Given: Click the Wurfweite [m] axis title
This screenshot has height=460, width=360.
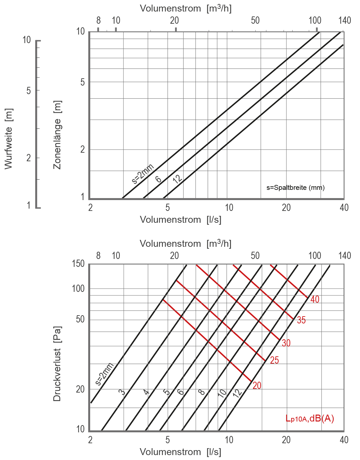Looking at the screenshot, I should (x=9, y=139).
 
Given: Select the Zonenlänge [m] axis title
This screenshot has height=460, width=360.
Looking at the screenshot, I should (x=57, y=135).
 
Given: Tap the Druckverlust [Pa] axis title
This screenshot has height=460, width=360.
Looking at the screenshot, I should (x=57, y=364).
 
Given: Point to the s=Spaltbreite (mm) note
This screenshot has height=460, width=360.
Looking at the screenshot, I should (x=295, y=188).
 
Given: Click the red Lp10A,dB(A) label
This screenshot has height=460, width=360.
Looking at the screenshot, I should (x=310, y=419).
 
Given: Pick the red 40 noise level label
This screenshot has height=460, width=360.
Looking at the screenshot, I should (x=315, y=299).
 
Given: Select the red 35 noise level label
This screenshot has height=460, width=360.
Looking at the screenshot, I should (x=301, y=320).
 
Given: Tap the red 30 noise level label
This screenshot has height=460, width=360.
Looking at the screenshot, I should (x=286, y=343).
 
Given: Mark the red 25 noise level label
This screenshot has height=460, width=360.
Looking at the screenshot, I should (x=274, y=360).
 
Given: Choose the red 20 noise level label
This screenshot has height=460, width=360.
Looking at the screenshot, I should (x=257, y=386).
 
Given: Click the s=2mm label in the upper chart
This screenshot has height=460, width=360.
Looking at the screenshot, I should (x=143, y=173).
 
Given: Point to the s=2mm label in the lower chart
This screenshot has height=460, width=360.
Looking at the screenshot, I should (x=105, y=374).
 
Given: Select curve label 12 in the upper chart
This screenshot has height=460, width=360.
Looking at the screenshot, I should (x=177, y=179).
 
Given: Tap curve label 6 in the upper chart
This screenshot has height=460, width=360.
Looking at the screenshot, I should (x=158, y=179).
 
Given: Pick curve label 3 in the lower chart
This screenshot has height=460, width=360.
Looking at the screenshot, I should (x=122, y=392).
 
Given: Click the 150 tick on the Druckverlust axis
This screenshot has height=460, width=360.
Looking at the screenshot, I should (x=78, y=264).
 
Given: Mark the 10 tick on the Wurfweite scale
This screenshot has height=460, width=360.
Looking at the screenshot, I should (x=27, y=40).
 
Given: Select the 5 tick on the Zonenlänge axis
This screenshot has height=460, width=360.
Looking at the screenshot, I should (x=83, y=82).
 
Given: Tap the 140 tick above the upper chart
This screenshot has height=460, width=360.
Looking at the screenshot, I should (x=345, y=20).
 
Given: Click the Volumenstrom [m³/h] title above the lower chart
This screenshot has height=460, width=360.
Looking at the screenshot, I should (x=186, y=244).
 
